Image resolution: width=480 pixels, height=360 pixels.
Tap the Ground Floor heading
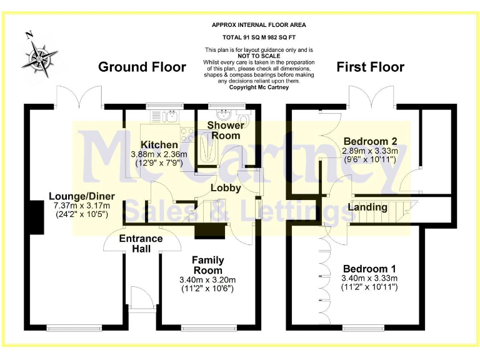tap(142, 67)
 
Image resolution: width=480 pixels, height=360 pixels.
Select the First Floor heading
tap(370, 67)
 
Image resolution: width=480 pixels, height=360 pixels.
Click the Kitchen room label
tap(159, 145)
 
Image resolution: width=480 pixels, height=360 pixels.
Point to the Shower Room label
tap(225, 131)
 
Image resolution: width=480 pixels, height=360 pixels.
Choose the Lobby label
tap(225, 187)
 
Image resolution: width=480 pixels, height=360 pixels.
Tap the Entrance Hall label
tap(141, 244)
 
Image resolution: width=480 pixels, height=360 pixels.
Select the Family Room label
tap(207, 265)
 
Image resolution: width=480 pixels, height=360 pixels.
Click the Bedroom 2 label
tap(369, 141)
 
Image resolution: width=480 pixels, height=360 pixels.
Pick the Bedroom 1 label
tap(369, 268)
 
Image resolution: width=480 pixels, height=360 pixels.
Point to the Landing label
tap(367, 207)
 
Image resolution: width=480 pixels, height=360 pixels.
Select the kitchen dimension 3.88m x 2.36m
tap(159, 154)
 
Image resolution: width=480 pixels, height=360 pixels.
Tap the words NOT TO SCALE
tap(259, 56)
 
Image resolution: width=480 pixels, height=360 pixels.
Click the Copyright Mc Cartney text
tap(259, 87)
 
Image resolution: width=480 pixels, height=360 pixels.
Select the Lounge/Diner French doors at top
tap(79, 97)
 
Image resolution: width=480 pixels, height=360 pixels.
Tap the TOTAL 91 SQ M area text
tap(259, 38)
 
